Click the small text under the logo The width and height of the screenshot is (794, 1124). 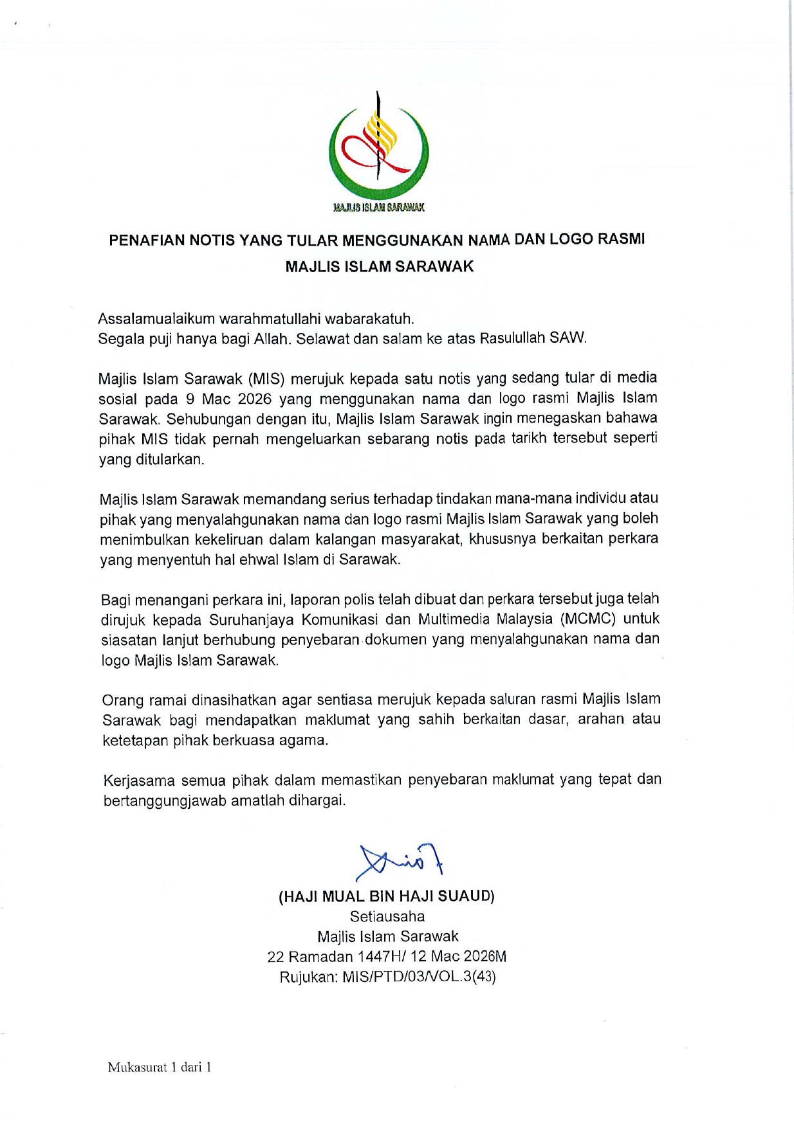coord(378,207)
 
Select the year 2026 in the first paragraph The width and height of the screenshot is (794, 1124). coord(255,399)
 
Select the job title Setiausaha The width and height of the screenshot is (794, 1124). coord(387,916)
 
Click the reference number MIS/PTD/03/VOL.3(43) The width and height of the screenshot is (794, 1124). coord(419,977)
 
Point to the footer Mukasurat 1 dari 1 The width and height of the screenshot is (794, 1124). coord(160,1067)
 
